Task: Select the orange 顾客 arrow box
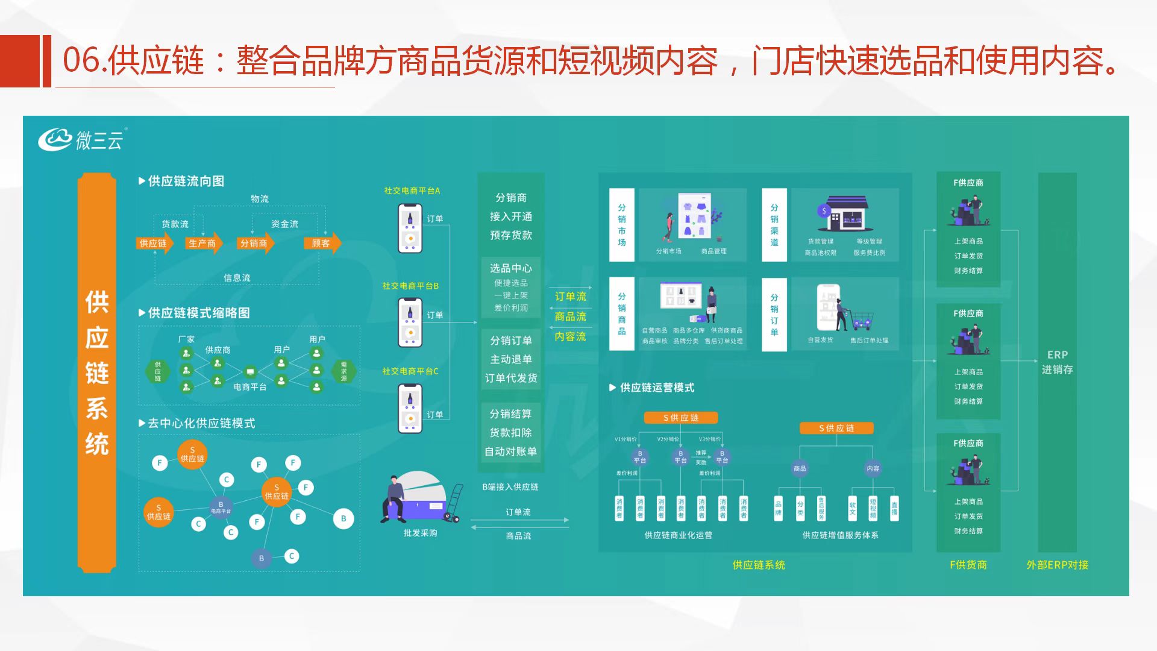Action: point(322,244)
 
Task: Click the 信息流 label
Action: point(237,278)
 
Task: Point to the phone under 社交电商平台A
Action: point(410,228)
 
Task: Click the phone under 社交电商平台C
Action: point(410,408)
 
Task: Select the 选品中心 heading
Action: point(510,268)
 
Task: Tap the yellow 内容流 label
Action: point(570,336)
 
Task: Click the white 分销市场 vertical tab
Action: point(621,225)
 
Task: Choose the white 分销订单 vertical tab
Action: point(774,314)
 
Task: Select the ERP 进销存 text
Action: point(1057,362)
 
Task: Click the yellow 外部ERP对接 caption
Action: point(1057,565)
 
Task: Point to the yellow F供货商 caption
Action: point(968,565)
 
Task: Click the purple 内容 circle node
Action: point(873,468)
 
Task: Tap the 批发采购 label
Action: point(420,533)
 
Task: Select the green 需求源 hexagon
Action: point(343,371)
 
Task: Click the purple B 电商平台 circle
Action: point(221,507)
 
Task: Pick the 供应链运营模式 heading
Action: point(657,388)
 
